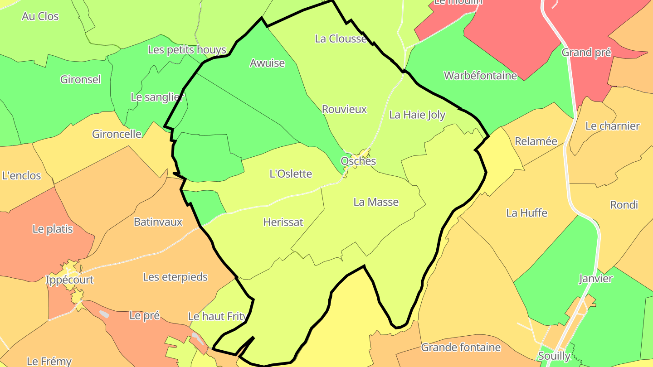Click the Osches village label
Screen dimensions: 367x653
click(x=358, y=161)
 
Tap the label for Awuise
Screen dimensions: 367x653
click(x=267, y=63)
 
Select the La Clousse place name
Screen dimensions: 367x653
click(x=341, y=39)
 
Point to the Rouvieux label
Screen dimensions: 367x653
click(x=344, y=109)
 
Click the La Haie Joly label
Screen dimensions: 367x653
click(x=417, y=115)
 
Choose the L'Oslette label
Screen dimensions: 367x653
click(x=291, y=174)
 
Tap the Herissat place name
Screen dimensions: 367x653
click(x=283, y=222)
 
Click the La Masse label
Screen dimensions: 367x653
click(x=376, y=202)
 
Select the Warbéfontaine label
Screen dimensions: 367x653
click(x=480, y=76)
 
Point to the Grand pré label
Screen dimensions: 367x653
click(x=586, y=53)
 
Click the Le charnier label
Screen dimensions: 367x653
click(x=612, y=126)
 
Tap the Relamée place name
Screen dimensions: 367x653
click(x=536, y=141)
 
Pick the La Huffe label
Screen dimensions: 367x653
click(x=526, y=212)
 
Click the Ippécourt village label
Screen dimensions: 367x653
click(x=69, y=280)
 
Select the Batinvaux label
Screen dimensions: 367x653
click(x=158, y=222)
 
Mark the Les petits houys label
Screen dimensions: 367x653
click(x=187, y=50)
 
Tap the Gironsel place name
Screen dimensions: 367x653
click(x=80, y=80)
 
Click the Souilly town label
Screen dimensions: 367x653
click(x=554, y=356)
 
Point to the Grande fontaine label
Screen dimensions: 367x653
click(x=461, y=348)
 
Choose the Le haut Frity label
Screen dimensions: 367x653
click(x=217, y=316)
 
